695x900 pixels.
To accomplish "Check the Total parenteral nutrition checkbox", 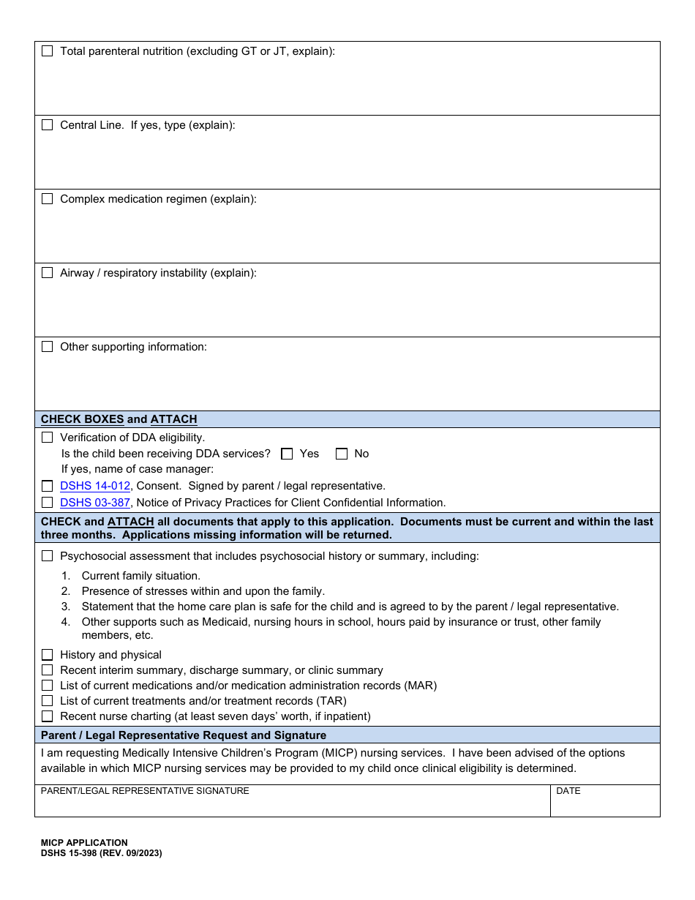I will click(48, 51).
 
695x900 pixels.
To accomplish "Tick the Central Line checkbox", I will click(48, 125).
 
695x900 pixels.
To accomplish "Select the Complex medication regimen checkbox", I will click(48, 199).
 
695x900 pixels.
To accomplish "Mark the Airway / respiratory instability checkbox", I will click(48, 273).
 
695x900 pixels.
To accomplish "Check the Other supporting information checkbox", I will click(48, 347).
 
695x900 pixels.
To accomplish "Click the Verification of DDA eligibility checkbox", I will click(48, 438).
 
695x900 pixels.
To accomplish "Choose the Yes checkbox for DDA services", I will click(287, 454).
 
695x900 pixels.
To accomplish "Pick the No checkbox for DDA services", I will click(342, 454).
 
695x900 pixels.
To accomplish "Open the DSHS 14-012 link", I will click(95, 486).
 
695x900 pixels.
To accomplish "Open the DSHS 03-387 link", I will click(95, 503).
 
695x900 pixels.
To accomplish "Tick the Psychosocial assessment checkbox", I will click(48, 556).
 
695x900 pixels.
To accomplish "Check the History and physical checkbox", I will click(48, 655).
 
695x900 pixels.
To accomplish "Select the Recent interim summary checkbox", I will click(48, 670).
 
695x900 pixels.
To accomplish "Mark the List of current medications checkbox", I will click(48, 686).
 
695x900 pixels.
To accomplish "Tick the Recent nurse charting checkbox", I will click(48, 716).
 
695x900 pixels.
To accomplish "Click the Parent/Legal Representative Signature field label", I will click(145, 791).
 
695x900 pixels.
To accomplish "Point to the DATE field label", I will click(568, 791).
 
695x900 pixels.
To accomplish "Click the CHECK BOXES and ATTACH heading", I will click(119, 419).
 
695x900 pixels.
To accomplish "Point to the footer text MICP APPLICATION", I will click(84, 843).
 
